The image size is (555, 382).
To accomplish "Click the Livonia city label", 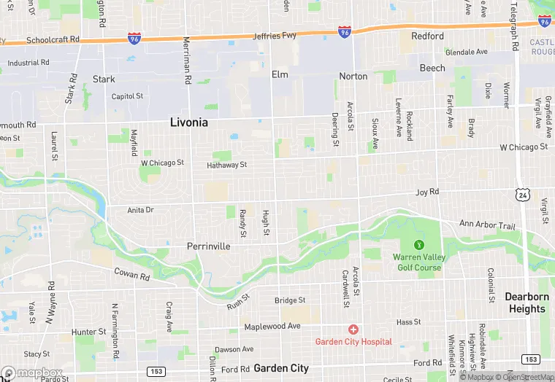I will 188,122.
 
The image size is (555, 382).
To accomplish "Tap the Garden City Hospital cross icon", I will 353,330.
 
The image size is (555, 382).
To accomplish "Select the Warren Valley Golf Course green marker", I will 418,245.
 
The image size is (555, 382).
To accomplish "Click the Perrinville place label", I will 209,246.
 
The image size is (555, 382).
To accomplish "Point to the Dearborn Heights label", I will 525,303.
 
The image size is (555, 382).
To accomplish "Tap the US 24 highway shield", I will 521,195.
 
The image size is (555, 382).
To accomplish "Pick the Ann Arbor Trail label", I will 486,225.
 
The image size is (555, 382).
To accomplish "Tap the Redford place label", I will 427,36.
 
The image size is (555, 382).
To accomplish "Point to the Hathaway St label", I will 226,165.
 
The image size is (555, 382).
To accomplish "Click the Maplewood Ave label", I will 272,326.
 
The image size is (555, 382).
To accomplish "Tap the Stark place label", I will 104,79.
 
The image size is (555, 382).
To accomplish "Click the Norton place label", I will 353,76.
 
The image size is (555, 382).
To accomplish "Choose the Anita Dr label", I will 141,210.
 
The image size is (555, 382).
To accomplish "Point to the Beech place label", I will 432,68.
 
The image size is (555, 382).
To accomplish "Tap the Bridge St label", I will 290,300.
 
